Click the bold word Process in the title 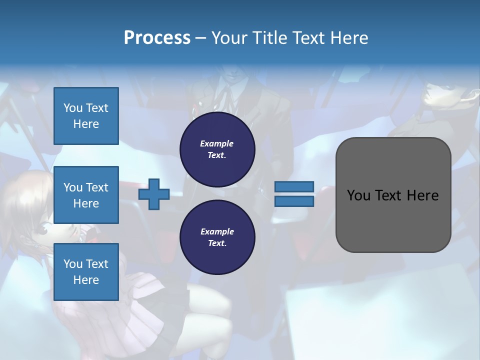(157, 38)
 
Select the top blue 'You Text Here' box (86, 116)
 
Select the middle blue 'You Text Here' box (86, 195)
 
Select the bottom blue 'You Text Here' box (86, 272)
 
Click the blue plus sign (154, 194)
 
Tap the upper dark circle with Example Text (217, 149)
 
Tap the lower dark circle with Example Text (217, 237)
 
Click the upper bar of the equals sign (294, 186)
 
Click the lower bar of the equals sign (294, 201)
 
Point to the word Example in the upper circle (217, 143)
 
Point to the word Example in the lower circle (217, 231)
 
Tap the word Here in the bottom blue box (86, 280)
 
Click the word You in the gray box (358, 195)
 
